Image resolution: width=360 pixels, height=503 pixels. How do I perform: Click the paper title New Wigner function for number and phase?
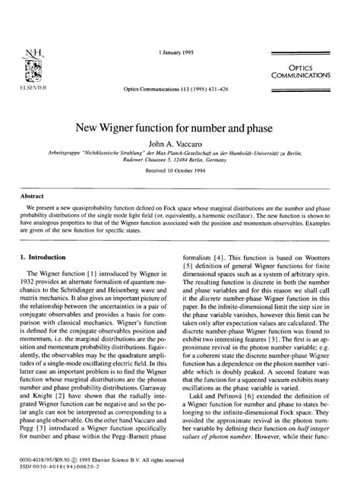pos(179,126)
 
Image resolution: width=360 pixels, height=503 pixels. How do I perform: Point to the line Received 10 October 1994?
pos(179,171)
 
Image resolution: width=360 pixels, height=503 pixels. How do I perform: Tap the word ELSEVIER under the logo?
pos(32,87)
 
